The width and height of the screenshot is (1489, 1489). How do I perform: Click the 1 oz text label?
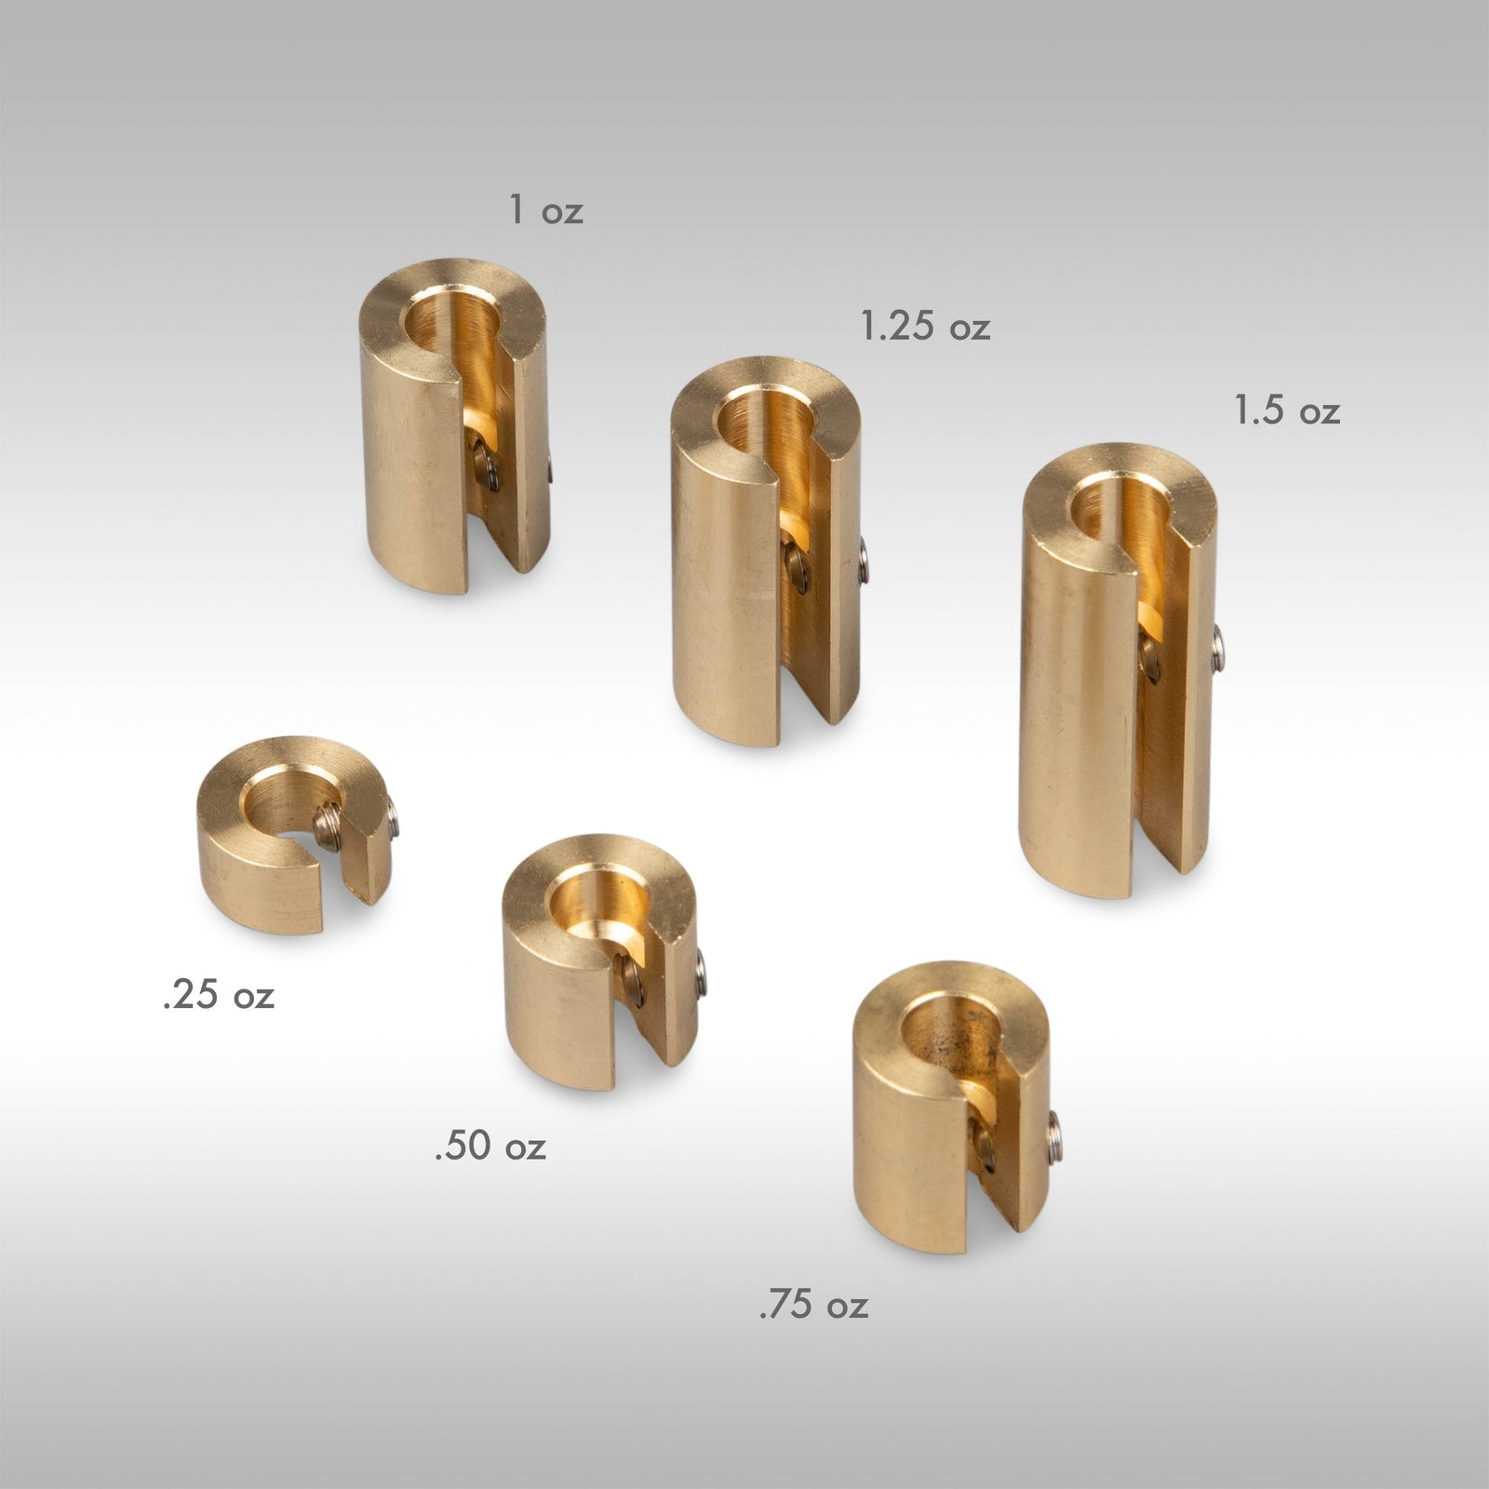pos(546,210)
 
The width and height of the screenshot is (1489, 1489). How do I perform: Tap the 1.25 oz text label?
pos(924,327)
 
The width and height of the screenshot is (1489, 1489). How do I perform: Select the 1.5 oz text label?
pos(1287,410)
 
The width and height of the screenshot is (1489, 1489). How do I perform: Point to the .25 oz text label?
pos(219,996)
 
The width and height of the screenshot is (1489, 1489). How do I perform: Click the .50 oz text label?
pos(490,1146)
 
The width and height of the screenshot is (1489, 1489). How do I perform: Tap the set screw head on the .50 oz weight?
pos(702,973)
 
